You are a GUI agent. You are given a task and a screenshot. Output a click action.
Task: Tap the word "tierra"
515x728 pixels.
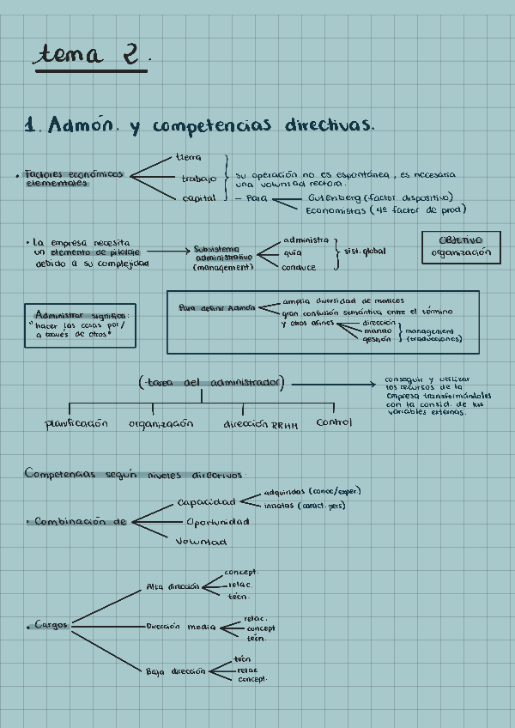point(189,158)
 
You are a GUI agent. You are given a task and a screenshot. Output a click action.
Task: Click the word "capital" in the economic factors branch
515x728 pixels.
point(198,198)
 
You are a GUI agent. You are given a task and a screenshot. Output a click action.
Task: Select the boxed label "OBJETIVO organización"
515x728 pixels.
point(462,247)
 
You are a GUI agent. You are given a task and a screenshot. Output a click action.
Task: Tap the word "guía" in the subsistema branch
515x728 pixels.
point(292,252)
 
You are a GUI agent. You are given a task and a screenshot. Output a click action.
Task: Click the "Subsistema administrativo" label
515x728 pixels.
point(222,253)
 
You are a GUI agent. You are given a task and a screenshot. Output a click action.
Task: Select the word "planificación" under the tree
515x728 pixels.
point(77,423)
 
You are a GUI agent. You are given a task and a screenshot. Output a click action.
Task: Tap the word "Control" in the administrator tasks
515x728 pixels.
point(334,422)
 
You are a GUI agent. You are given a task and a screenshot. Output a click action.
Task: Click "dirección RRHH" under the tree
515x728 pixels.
point(260,424)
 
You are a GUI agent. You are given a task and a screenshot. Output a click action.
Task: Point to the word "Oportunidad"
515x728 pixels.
point(217,521)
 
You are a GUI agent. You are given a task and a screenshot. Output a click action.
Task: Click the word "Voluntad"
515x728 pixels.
point(201,542)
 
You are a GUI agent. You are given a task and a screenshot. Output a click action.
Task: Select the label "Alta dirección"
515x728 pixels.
point(172,587)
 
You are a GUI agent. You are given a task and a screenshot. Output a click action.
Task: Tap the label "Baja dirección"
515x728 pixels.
point(175,671)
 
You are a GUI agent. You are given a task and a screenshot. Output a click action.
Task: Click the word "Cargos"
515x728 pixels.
point(51,625)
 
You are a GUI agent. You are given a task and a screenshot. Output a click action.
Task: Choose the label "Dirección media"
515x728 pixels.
point(180,627)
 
